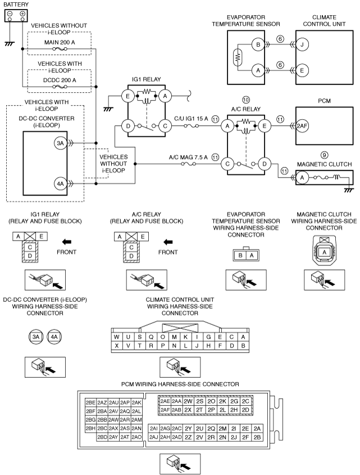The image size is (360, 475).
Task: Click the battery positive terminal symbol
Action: tap(22, 13)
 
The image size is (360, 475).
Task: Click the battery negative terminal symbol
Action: tap(10, 13)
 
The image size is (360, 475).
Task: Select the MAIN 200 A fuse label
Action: tap(60, 42)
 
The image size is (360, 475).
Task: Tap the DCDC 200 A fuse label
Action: tap(60, 80)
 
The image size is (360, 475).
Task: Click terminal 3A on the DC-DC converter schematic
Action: tap(60, 143)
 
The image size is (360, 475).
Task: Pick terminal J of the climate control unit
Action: tap(302, 45)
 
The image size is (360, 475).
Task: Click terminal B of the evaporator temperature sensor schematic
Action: tap(258, 45)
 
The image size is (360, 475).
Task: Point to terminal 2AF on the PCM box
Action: tap(302, 126)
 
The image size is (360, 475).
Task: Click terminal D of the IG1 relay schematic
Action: tap(128, 126)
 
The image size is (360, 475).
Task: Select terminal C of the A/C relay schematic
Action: tap(227, 164)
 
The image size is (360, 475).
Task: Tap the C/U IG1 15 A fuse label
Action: tap(191, 119)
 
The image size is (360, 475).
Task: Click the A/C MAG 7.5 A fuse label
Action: tap(188, 157)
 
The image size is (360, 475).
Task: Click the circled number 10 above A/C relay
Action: tap(246, 100)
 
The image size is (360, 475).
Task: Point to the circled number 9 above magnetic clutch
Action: tap(324, 155)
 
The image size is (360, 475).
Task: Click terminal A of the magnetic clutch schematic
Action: tap(302, 178)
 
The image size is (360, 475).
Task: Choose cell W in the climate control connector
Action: tap(117, 337)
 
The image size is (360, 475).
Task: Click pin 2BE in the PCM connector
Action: tap(90, 402)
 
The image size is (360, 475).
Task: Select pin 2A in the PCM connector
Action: tap(257, 428)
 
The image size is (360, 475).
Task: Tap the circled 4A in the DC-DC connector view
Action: tap(54, 337)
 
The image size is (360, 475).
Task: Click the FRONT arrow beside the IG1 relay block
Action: tap(66, 242)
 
